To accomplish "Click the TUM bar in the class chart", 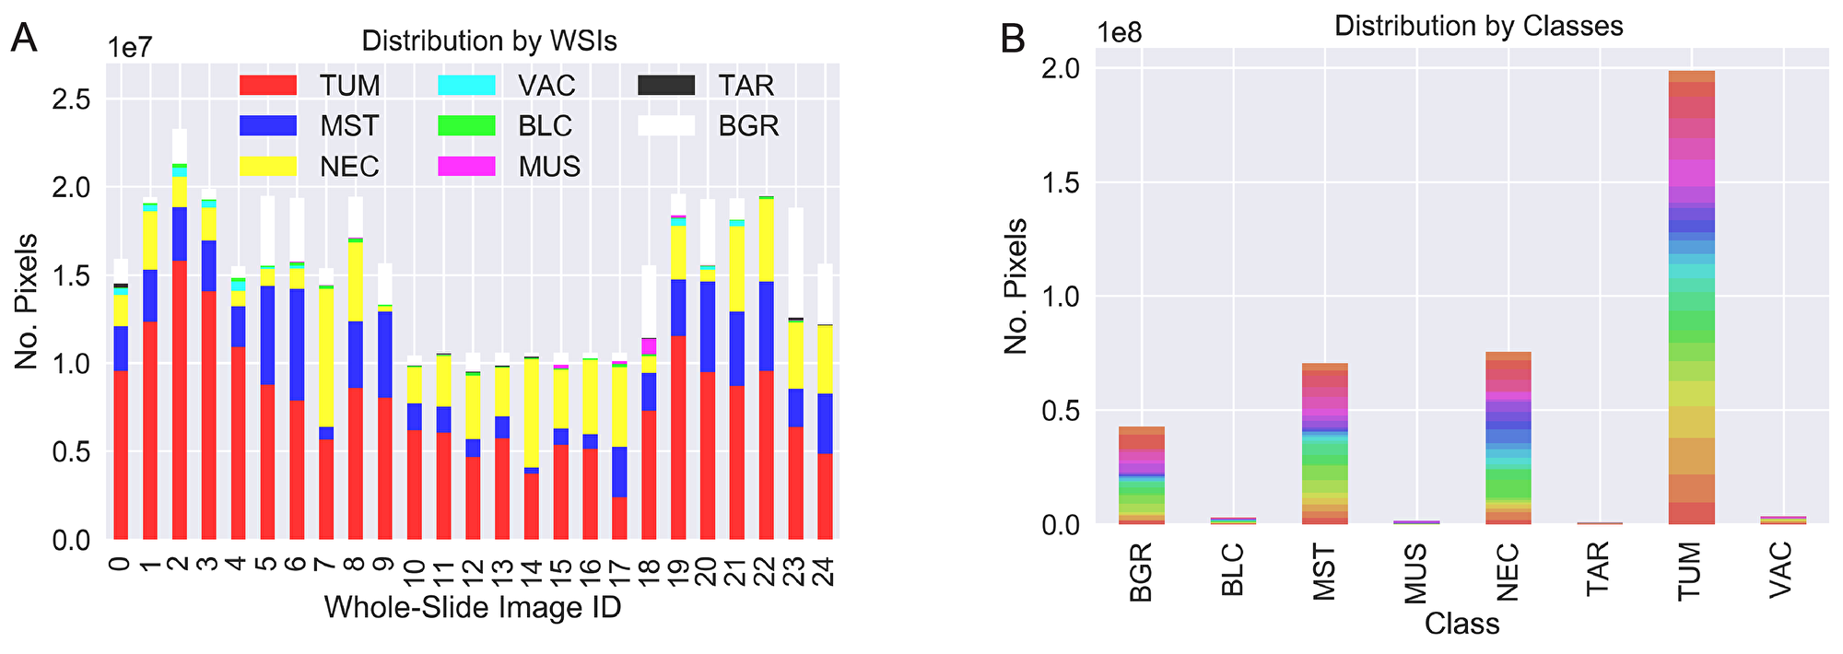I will pyautogui.click(x=1691, y=295).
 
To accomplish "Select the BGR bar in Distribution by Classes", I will pyautogui.click(x=1142, y=475).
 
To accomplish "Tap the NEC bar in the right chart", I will pyautogui.click(x=1508, y=438).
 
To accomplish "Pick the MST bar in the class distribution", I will pyautogui.click(x=1324, y=443).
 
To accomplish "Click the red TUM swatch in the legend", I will pyautogui.click(x=267, y=86).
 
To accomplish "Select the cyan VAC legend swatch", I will pyautogui.click(x=466, y=86).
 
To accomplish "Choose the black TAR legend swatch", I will pyautogui.click(x=665, y=86).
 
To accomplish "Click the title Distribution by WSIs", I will pyautogui.click(x=488, y=41).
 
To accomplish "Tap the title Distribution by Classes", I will pyautogui.click(x=1478, y=26).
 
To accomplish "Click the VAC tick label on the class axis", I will pyautogui.click(x=1781, y=571).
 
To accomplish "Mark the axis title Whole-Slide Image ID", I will pyautogui.click(x=472, y=608).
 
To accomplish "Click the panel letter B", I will pyautogui.click(x=1012, y=39).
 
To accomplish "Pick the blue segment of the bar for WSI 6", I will pyautogui.click(x=296, y=345).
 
